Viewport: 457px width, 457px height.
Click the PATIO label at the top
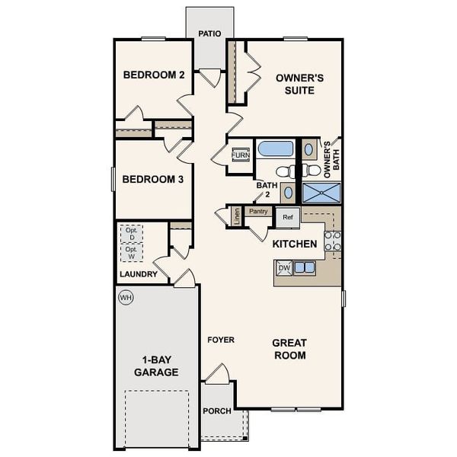pos(209,34)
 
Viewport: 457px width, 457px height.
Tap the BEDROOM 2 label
pos(154,75)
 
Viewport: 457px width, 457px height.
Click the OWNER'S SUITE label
pos(300,84)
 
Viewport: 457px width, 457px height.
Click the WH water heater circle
pos(125,296)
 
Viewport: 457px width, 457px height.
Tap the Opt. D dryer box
pos(131,234)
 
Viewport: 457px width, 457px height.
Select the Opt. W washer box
pos(131,253)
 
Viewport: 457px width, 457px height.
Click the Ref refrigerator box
pos(287,217)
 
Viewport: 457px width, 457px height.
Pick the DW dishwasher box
pos(283,268)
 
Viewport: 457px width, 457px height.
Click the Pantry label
pos(257,212)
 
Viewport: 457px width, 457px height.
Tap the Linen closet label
pos(237,216)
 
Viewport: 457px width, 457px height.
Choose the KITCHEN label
pos(295,244)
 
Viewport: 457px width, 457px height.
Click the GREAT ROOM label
pos(289,350)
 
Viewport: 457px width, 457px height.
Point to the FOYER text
pos(221,340)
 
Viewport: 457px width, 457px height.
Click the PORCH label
pos(216,411)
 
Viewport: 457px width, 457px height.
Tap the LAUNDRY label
pos(139,274)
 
